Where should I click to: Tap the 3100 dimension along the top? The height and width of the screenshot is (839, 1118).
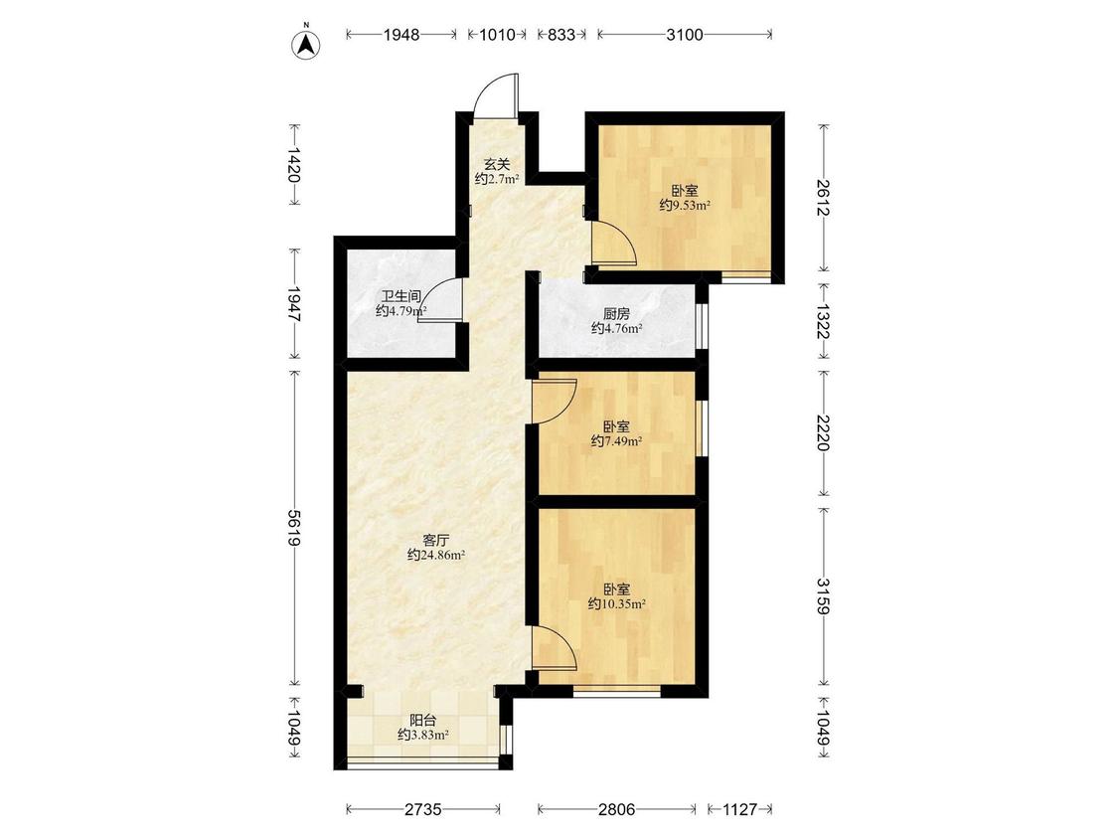point(685,35)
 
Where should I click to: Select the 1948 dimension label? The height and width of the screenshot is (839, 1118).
point(401,35)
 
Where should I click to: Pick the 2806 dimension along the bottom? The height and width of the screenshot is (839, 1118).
point(617,809)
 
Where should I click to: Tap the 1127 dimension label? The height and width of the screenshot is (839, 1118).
point(740,809)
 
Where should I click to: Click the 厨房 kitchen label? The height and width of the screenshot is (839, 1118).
point(617,314)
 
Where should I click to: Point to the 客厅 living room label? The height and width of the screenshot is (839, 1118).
point(436,540)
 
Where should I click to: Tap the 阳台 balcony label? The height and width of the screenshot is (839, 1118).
point(422,721)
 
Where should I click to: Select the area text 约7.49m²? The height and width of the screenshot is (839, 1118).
point(617,441)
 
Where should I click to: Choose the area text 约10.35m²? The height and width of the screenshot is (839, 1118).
point(617,604)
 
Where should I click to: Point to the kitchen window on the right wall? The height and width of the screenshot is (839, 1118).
point(702,327)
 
